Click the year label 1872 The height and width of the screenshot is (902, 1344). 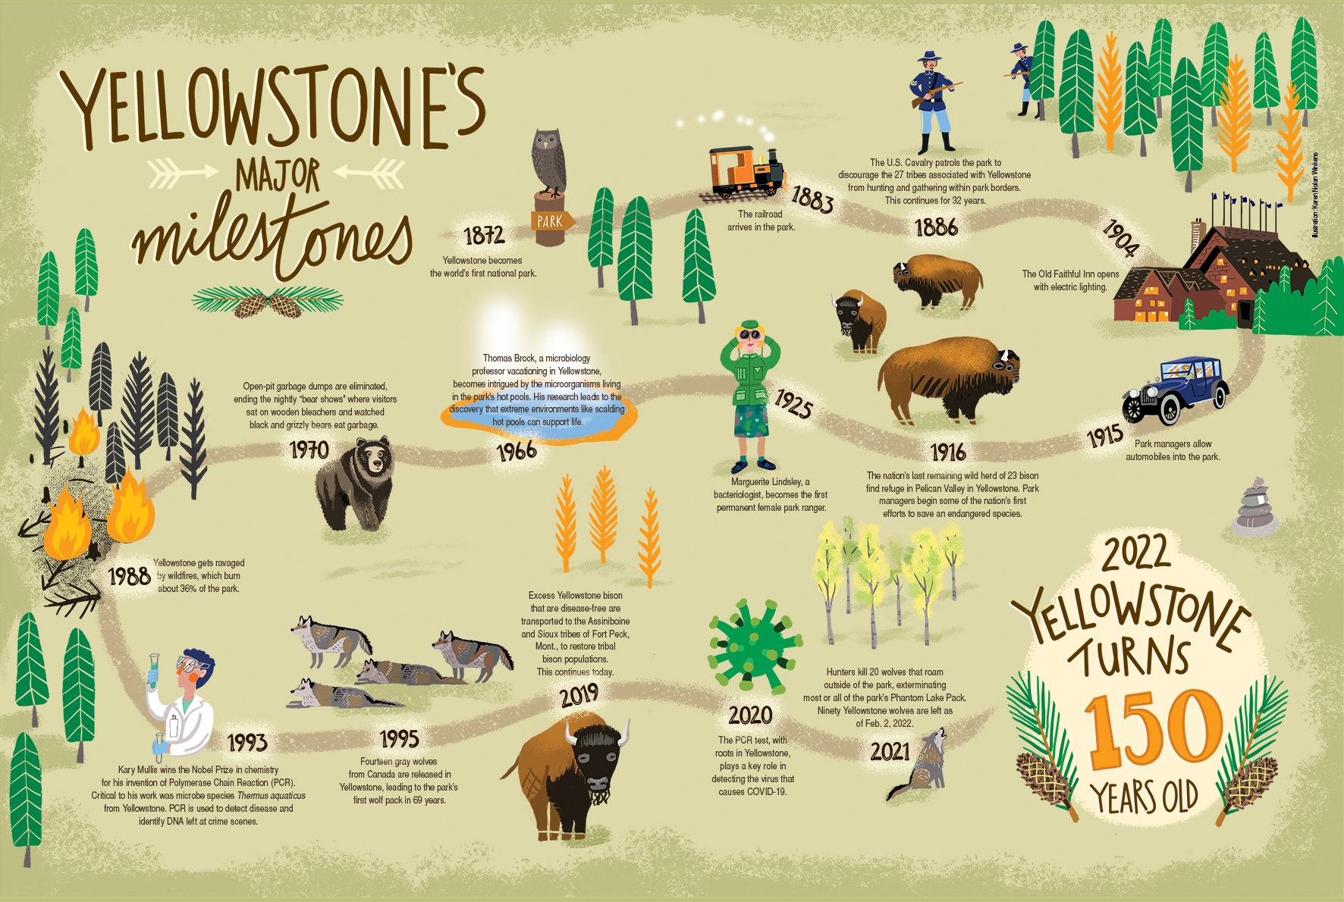[484, 236]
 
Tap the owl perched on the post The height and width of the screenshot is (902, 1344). [548, 161]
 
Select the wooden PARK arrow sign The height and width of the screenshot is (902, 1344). [551, 221]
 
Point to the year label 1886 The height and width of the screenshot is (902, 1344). [936, 227]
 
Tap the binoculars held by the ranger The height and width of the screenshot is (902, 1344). [750, 334]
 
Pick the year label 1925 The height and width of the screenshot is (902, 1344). [793, 403]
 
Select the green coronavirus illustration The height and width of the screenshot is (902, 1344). [753, 646]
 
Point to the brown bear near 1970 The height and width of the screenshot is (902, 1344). [355, 484]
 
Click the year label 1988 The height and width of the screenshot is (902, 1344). [129, 576]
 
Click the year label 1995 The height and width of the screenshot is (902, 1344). [399, 738]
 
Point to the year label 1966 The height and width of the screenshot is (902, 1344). [517, 452]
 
